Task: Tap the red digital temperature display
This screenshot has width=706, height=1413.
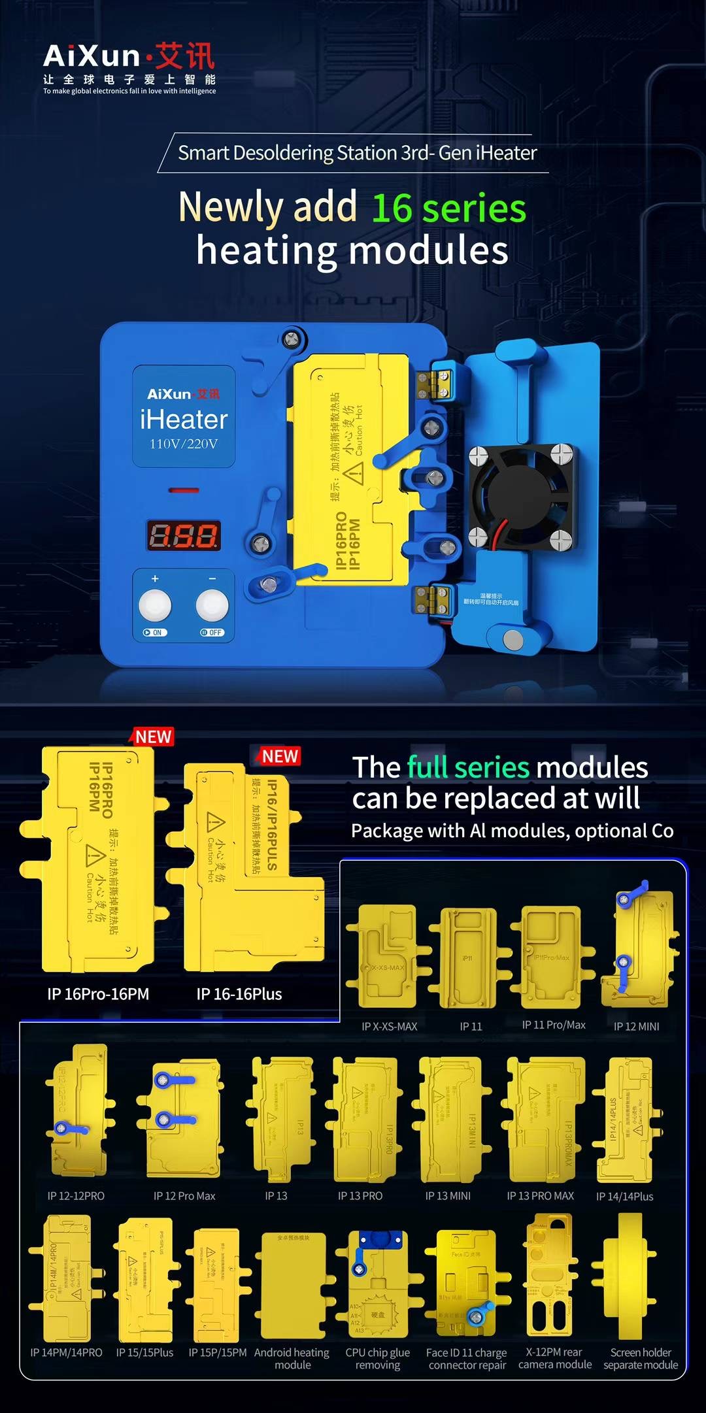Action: click(183, 536)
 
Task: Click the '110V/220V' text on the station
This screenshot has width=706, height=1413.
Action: click(184, 444)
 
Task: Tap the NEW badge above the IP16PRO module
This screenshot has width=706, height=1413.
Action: click(153, 737)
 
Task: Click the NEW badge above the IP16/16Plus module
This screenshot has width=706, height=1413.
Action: click(280, 756)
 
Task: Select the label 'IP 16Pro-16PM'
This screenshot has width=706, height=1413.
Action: click(98, 994)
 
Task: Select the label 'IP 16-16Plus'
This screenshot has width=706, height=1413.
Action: click(239, 994)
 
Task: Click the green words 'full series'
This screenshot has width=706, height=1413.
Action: click(468, 767)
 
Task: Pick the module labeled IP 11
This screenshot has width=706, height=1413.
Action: click(468, 958)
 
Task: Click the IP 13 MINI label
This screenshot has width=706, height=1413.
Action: click(448, 1196)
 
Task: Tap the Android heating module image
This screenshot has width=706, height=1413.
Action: click(293, 1285)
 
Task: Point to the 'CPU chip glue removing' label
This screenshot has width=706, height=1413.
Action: click(378, 1359)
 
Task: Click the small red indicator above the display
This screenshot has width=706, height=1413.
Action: click(184, 490)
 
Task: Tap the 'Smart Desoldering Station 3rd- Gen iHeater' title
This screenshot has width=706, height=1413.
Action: click(357, 153)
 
